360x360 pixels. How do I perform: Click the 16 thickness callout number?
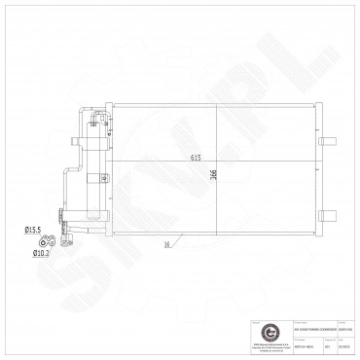[167, 244]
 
